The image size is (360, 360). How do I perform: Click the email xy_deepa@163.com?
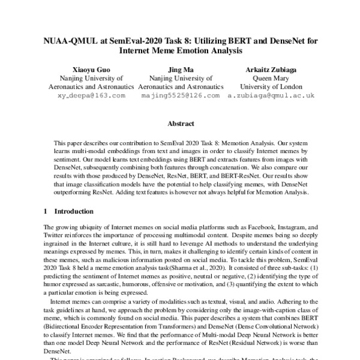(92, 95)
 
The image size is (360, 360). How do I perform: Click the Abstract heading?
(180, 124)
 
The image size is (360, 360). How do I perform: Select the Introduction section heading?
(74, 211)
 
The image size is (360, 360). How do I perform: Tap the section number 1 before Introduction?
(47, 211)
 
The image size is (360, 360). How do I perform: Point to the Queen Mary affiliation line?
(268, 78)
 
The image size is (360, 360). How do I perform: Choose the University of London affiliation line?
(268, 86)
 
